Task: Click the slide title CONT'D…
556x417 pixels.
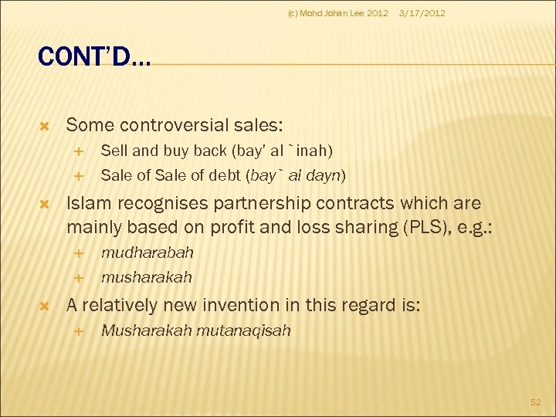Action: click(x=95, y=56)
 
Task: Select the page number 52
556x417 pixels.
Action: click(x=536, y=402)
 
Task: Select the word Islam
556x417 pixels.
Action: click(x=87, y=203)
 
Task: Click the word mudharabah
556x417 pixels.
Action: click(x=147, y=253)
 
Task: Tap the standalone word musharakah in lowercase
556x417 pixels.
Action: click(x=146, y=276)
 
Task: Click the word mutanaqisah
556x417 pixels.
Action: click(x=243, y=331)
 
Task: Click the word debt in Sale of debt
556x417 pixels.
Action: click(x=227, y=175)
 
